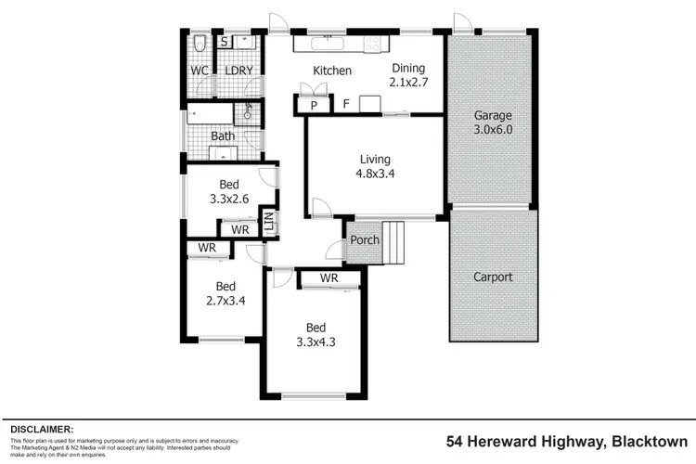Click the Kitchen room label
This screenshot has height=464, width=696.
pyautogui.click(x=331, y=71)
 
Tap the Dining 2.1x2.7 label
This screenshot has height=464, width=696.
pyautogui.click(x=408, y=73)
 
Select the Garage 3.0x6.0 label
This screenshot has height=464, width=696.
pyautogui.click(x=493, y=122)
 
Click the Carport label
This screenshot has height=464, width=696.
pyautogui.click(x=493, y=277)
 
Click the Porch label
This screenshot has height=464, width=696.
pyautogui.click(x=365, y=240)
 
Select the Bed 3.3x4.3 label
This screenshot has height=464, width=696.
pyautogui.click(x=316, y=334)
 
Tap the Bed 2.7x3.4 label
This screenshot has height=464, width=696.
pyautogui.click(x=226, y=292)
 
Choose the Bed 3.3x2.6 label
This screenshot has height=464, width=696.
pyautogui.click(x=229, y=191)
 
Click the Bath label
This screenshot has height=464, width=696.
pyautogui.click(x=223, y=136)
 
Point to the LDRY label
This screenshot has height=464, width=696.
pyautogui.click(x=238, y=71)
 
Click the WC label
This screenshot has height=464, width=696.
pyautogui.click(x=200, y=71)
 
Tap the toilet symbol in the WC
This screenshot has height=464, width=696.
pyautogui.click(x=200, y=43)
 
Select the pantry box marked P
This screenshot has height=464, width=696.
pyautogui.click(x=314, y=105)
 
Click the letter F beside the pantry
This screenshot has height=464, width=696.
pyautogui.click(x=345, y=104)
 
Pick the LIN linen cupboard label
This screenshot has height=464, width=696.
pyautogui.click(x=267, y=222)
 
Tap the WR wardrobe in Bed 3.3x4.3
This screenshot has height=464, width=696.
pyautogui.click(x=328, y=278)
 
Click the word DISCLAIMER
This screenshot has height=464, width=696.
pyautogui.click(x=41, y=429)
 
